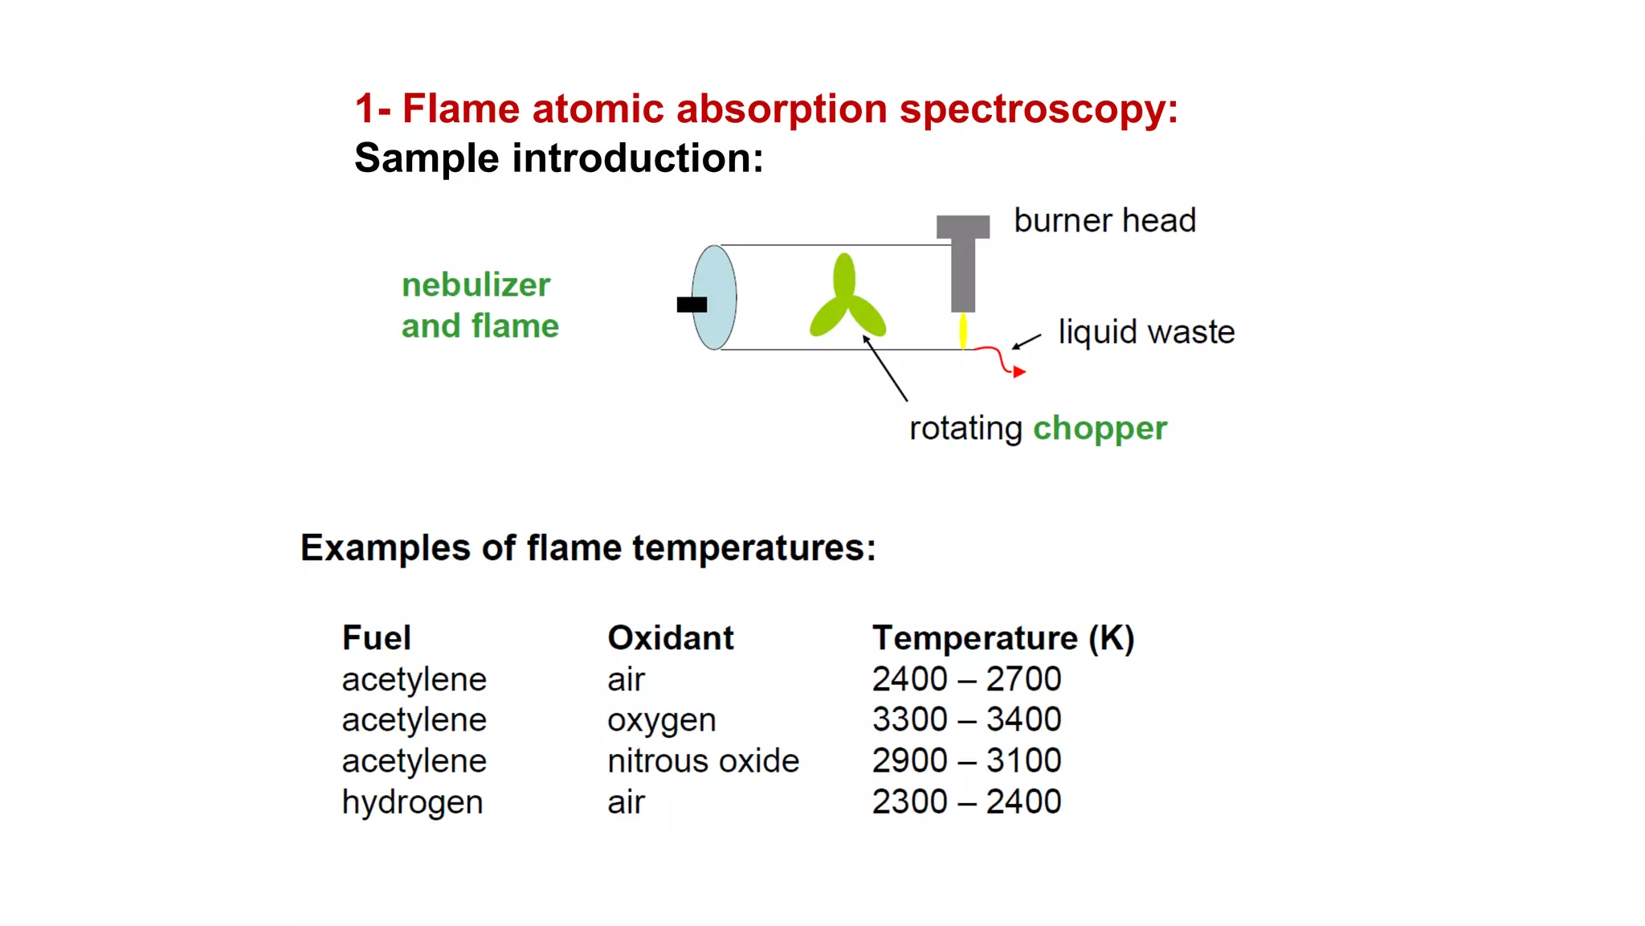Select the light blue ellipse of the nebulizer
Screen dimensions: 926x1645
tap(715, 297)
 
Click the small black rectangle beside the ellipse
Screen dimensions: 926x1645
tap(692, 305)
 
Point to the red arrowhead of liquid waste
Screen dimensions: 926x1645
tap(1018, 371)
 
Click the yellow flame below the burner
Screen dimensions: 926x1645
tap(963, 330)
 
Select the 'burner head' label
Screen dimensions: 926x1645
tap(1104, 220)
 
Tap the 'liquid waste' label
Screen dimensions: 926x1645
tap(1146, 332)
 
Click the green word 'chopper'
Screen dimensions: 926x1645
tap(1100, 428)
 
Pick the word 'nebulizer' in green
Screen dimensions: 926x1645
tap(476, 285)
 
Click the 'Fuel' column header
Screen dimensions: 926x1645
tap(377, 637)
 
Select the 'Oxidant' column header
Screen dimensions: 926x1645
tap(671, 637)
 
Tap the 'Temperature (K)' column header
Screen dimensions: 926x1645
tap(1003, 638)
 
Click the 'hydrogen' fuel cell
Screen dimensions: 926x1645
tap(413, 802)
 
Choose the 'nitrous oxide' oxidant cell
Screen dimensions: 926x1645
tap(703, 760)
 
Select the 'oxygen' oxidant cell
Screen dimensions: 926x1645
tap(662, 720)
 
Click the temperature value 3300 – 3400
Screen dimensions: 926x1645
tap(967, 719)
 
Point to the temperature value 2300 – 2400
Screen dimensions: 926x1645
tap(967, 801)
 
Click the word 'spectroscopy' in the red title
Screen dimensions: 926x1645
tap(1038, 109)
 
